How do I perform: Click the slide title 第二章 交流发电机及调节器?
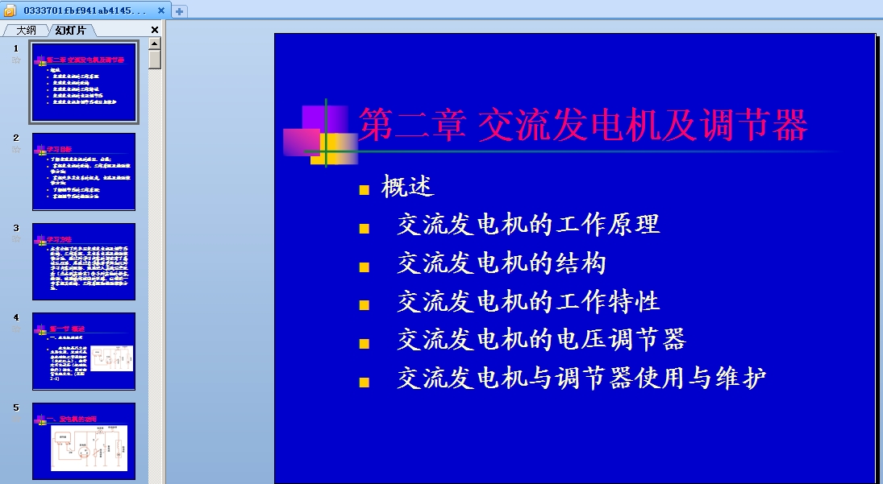pyautogui.click(x=582, y=126)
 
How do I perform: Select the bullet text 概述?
pyautogui.click(x=408, y=187)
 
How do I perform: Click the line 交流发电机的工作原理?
pyautogui.click(x=528, y=225)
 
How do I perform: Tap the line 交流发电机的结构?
pyautogui.click(x=501, y=263)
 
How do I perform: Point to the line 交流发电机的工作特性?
pyautogui.click(x=528, y=302)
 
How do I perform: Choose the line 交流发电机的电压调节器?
pyautogui.click(x=541, y=340)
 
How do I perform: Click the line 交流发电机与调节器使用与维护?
pyautogui.click(x=581, y=379)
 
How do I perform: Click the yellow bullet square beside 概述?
pyautogui.click(x=364, y=190)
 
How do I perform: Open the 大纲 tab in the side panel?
pyautogui.click(x=26, y=31)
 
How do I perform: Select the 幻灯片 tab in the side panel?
pyautogui.click(x=70, y=31)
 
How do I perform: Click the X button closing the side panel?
pyautogui.click(x=155, y=30)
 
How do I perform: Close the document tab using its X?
pyautogui.click(x=160, y=10)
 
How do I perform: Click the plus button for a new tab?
pyautogui.click(x=179, y=11)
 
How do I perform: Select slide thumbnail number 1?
pyautogui.click(x=84, y=82)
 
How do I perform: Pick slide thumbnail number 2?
pyautogui.click(x=84, y=172)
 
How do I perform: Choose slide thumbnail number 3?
pyautogui.click(x=84, y=262)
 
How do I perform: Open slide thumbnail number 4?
pyautogui.click(x=84, y=351)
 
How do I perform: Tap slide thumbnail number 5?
pyautogui.click(x=84, y=441)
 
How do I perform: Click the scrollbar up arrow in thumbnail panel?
pyautogui.click(x=155, y=43)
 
